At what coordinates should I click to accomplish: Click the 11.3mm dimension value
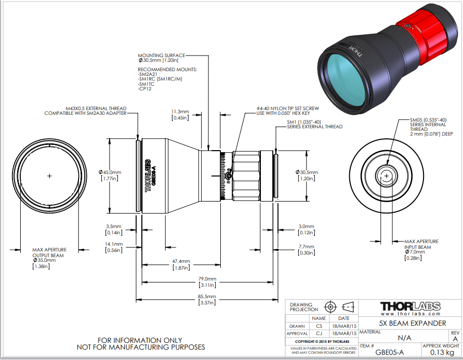[180, 111]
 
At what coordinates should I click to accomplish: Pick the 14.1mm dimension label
[113, 244]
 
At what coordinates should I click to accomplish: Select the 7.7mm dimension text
[307, 246]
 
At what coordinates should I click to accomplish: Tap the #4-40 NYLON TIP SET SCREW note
[287, 109]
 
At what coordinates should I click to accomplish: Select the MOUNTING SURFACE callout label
[161, 55]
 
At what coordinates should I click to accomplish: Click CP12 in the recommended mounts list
[144, 89]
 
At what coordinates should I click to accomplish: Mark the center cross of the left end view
[49, 176]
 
